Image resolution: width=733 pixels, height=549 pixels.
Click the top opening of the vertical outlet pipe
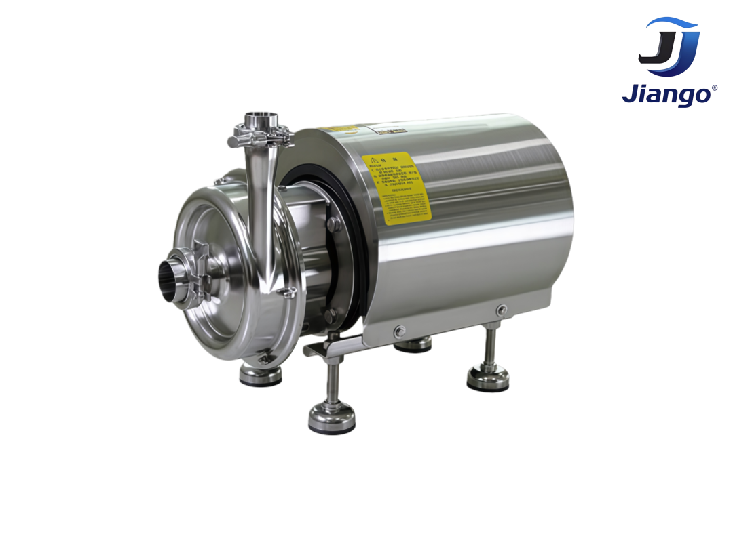click(x=257, y=117)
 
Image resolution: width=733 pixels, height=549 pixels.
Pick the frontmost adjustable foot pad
click(x=332, y=418)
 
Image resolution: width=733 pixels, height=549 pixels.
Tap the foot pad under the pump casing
click(x=261, y=374)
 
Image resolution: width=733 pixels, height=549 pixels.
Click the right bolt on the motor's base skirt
click(x=501, y=310)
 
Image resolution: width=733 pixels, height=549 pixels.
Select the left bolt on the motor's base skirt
click(x=399, y=331)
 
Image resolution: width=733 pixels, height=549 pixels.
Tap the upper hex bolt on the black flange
click(x=333, y=224)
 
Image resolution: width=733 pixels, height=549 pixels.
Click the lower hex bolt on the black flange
click(x=330, y=314)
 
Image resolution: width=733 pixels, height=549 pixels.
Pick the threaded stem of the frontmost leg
click(x=330, y=380)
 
